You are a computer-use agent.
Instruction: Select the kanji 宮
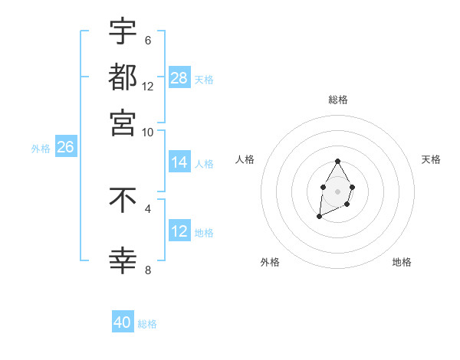point(123,123)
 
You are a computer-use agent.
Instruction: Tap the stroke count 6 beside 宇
point(147,41)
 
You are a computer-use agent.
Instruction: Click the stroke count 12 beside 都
point(148,87)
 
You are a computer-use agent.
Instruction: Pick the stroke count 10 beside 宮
point(148,133)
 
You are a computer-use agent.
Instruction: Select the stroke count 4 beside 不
point(147,208)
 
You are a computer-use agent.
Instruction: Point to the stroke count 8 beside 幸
point(147,270)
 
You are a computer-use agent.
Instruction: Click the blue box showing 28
point(179,77)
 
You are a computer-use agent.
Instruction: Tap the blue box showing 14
point(179,162)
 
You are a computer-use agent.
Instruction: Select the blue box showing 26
point(65,147)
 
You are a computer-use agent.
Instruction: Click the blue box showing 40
point(123,322)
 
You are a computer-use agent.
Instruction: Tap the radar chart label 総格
point(338,100)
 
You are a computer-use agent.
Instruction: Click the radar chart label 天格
point(431,159)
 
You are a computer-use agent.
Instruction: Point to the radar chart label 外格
point(270,262)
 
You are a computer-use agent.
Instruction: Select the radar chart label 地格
point(402,262)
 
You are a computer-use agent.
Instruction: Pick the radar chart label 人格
point(245,159)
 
